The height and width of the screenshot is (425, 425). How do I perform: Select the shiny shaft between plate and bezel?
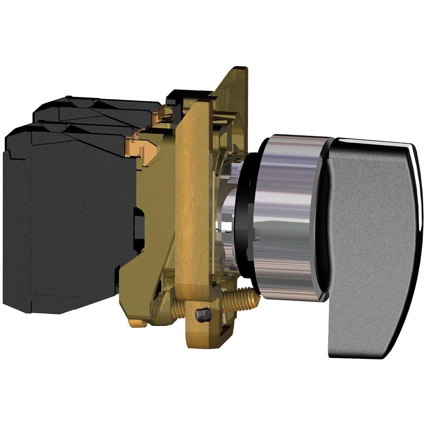(226, 223)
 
